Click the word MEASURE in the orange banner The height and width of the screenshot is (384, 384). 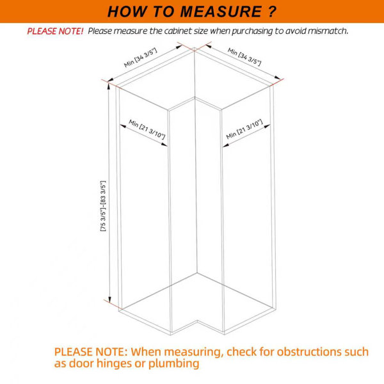[221, 12]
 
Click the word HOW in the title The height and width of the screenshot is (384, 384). [127, 12]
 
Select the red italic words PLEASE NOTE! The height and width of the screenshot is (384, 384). [55, 31]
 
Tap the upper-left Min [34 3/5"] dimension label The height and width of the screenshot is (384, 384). [140, 58]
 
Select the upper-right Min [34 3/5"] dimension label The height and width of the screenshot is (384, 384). [244, 57]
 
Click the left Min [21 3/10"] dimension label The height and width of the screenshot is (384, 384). [147, 129]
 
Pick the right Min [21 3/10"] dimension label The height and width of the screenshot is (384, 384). [244, 129]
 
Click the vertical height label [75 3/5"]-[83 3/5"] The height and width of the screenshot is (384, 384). [103, 206]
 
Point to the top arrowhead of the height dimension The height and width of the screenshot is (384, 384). [109, 86]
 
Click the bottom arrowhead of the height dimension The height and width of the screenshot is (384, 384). [109, 300]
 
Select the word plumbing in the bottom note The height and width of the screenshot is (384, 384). [173, 364]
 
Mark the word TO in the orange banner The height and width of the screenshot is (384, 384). [163, 12]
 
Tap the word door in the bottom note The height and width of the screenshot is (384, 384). [82, 363]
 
